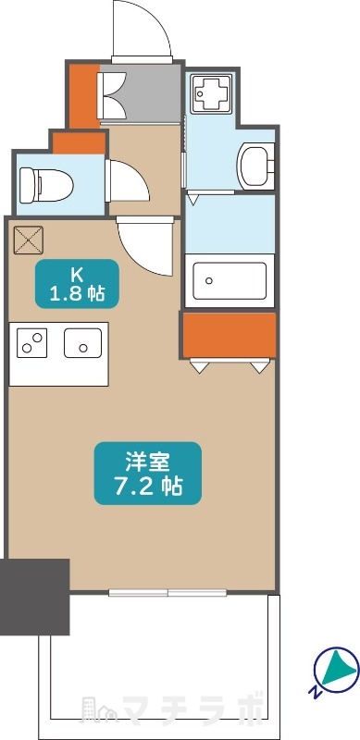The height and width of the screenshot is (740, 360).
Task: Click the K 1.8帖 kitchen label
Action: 77,284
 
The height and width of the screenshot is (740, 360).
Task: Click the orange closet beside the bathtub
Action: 229,335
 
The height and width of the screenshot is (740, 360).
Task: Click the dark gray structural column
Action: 35,597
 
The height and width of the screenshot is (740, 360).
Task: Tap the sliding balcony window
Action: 168,592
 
